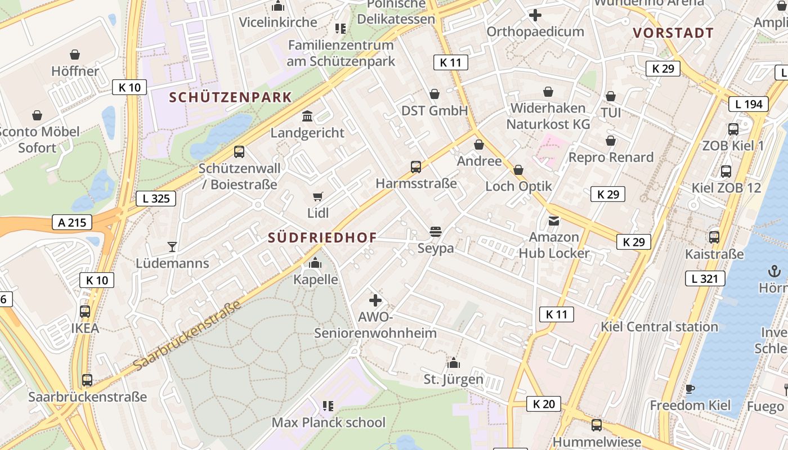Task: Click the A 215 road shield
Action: [73, 222]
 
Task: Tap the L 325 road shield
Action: [156, 198]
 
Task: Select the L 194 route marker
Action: [749, 103]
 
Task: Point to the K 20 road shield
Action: [544, 403]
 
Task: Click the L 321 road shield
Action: [705, 278]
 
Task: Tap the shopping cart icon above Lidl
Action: [318, 196]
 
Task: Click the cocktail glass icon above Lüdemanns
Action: [172, 246]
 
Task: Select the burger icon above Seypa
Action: [435, 231]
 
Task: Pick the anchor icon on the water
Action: [774, 272]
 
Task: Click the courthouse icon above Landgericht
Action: [307, 116]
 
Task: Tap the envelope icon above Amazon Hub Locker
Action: [554, 220]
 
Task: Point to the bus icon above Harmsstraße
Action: [416, 167]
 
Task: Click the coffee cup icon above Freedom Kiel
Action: [690, 389]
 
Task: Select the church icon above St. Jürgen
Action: [453, 363]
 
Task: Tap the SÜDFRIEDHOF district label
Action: [323, 237]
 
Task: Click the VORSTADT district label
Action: [673, 33]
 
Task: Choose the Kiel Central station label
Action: [659, 327]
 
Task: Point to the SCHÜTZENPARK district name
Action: [231, 97]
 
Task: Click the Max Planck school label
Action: [329, 422]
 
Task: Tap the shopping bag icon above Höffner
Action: [75, 55]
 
